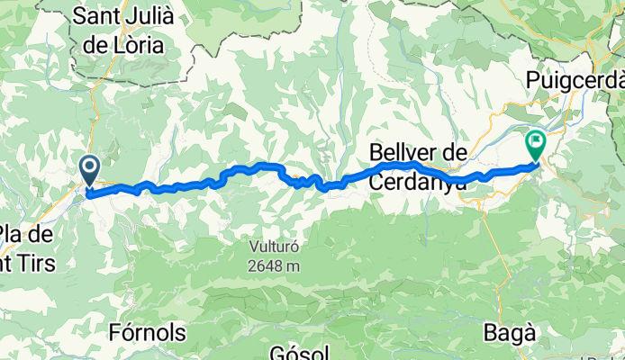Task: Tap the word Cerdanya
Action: coord(418,181)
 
